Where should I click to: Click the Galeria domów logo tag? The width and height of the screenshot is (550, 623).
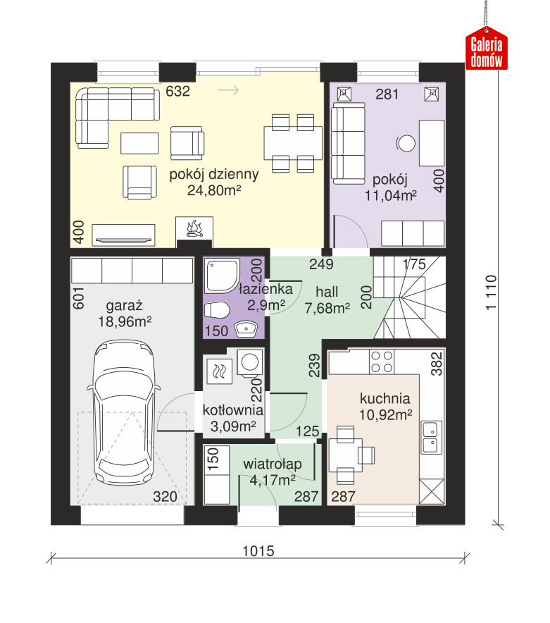(x=486, y=49)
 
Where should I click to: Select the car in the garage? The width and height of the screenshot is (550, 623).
(x=124, y=412)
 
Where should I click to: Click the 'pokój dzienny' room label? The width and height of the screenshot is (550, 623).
(x=214, y=174)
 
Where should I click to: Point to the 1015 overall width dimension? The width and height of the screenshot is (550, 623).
(x=258, y=551)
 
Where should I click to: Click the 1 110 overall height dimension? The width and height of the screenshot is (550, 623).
(x=491, y=292)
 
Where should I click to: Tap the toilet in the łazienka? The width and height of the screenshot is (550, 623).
(x=217, y=310)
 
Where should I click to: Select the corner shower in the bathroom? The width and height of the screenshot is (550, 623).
(x=222, y=276)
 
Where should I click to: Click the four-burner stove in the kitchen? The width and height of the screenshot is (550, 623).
(x=381, y=362)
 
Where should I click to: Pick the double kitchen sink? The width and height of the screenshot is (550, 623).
(x=431, y=437)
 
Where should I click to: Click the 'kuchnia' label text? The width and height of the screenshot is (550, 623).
(x=385, y=398)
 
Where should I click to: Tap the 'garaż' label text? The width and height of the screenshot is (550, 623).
(x=124, y=306)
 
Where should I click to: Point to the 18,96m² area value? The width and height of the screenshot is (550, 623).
(x=125, y=321)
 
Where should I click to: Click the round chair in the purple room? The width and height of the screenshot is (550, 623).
(x=406, y=144)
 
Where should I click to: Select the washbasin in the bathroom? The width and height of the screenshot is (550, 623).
(x=246, y=329)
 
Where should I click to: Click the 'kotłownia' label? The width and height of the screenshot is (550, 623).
(x=232, y=409)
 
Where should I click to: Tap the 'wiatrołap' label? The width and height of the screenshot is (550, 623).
(x=273, y=464)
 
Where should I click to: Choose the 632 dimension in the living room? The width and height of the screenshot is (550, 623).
(x=178, y=92)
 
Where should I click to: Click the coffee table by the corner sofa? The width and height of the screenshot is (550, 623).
(x=139, y=143)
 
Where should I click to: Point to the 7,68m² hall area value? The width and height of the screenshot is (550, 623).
(x=327, y=308)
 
